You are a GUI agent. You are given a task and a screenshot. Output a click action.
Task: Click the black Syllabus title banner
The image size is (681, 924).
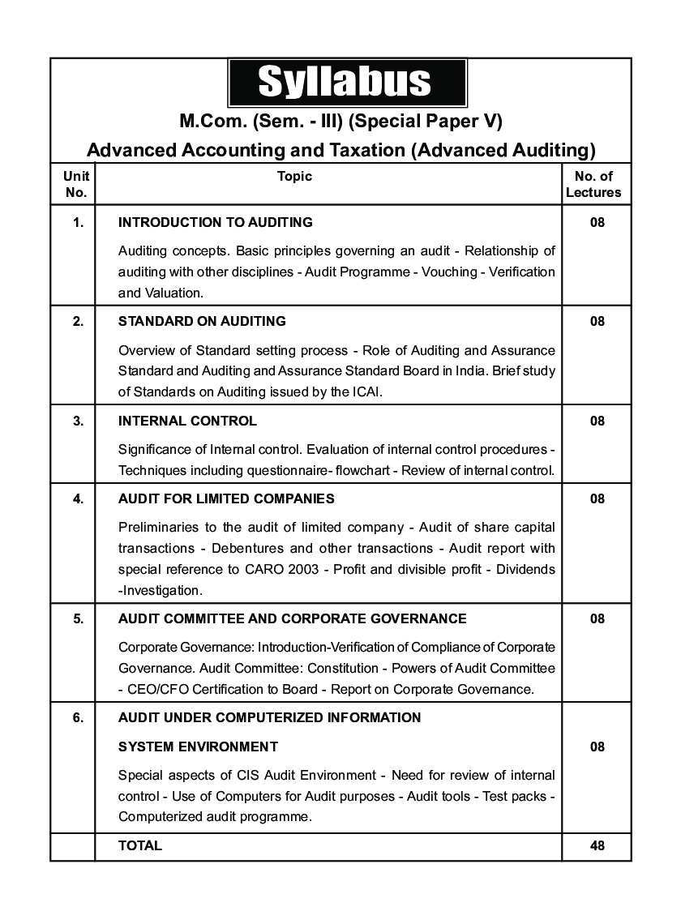(x=346, y=82)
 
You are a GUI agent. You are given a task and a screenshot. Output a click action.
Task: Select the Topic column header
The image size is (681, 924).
(x=294, y=176)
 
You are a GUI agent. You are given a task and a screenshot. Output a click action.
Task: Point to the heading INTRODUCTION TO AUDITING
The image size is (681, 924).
(x=215, y=222)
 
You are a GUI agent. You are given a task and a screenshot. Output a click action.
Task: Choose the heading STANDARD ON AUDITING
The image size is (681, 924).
(x=202, y=321)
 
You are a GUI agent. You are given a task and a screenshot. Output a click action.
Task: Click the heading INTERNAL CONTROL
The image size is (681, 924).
(x=187, y=421)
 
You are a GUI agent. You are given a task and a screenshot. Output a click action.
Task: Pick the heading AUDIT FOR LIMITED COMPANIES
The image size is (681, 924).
(x=226, y=498)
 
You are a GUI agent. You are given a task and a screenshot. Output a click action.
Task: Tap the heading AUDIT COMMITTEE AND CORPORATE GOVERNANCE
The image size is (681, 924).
(x=292, y=618)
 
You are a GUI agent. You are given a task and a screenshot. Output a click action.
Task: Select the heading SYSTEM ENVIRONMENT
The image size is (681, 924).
(x=198, y=746)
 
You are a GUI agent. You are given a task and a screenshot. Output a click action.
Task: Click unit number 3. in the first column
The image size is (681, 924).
(x=78, y=421)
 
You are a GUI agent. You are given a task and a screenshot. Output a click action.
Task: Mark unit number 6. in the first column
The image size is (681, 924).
(x=78, y=717)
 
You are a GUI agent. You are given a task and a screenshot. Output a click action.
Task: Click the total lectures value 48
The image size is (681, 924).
(x=597, y=845)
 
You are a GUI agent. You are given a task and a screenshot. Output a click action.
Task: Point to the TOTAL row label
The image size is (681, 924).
(x=140, y=845)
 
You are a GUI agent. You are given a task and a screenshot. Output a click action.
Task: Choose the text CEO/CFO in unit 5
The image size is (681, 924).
(x=157, y=690)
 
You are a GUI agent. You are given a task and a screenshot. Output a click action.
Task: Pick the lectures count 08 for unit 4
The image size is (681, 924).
(x=597, y=498)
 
